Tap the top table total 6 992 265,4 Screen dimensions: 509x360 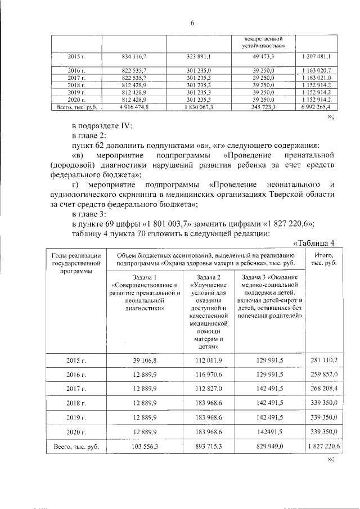[x=313, y=106]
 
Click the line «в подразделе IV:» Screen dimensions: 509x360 [x=101, y=127]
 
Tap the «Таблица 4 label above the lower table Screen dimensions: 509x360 [x=314, y=243]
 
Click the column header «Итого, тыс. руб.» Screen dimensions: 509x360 [x=321, y=260]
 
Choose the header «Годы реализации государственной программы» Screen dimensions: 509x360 [x=76, y=263]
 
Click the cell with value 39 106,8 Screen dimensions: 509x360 [x=146, y=360]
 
